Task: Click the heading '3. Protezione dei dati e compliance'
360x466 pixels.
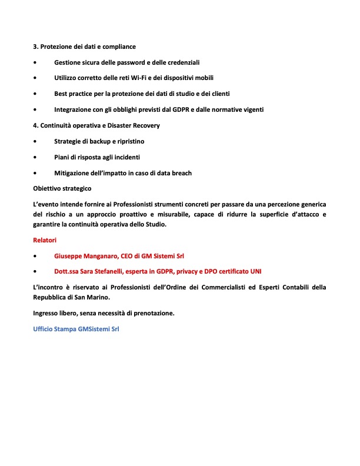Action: tap(84, 46)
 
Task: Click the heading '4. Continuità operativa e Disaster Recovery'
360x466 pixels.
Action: tap(96, 125)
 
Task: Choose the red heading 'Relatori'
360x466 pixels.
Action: tap(45, 239)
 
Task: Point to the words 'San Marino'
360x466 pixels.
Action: tap(88, 297)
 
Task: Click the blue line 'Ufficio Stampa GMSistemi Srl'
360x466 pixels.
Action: tap(76, 329)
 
